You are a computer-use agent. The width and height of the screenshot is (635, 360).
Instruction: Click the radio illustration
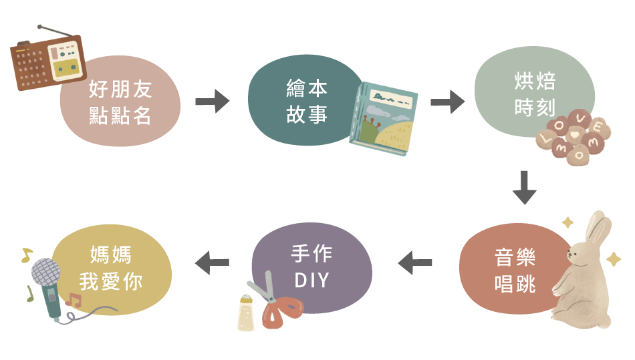coord(47,63)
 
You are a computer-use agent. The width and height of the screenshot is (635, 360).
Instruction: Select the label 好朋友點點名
coord(120,102)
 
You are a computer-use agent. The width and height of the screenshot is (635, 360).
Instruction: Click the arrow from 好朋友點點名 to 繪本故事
coord(212,102)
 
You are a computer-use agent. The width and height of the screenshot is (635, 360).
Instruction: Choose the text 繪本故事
coord(307,102)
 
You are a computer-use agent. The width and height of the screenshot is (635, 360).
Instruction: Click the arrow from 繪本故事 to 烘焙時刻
coord(447,102)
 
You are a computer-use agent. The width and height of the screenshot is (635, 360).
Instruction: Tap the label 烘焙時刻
coord(535,94)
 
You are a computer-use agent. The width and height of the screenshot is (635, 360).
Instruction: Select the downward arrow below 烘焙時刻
coord(524,188)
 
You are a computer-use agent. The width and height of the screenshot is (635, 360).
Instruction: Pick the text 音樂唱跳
coord(515,271)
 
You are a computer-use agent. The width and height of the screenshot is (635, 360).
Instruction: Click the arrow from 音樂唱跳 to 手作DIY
coord(415,263)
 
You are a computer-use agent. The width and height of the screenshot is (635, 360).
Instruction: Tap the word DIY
coord(311,280)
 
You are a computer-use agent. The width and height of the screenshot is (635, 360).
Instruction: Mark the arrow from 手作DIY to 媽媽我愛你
coord(212,263)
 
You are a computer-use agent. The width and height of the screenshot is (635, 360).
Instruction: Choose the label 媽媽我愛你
coord(111,267)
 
